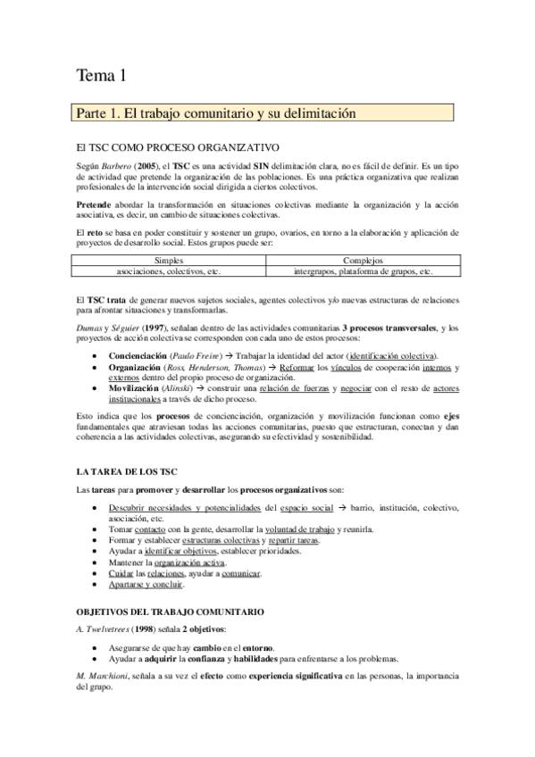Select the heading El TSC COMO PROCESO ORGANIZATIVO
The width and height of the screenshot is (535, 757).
(179, 147)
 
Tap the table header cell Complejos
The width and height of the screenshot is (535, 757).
(364, 260)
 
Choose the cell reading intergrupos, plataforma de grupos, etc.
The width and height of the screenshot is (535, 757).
(364, 270)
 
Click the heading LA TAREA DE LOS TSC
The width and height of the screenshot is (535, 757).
(117, 470)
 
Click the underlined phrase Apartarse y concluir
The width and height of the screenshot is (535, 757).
(146, 585)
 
